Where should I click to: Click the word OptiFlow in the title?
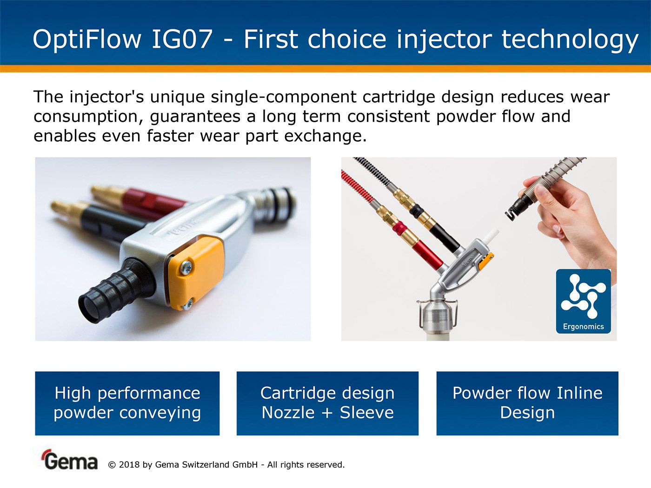(87, 40)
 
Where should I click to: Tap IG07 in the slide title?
(182, 39)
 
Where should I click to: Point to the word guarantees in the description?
(195, 117)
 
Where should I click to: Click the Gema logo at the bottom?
(70, 460)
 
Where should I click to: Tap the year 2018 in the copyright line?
(129, 465)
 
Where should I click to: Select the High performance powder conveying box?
(127, 403)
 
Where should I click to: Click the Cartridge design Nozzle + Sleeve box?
(327, 403)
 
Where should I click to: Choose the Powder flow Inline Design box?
(527, 403)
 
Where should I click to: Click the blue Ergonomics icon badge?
(584, 301)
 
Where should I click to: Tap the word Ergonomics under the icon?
(584, 327)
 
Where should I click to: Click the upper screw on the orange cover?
(186, 268)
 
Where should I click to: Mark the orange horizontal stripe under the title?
(325, 69)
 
